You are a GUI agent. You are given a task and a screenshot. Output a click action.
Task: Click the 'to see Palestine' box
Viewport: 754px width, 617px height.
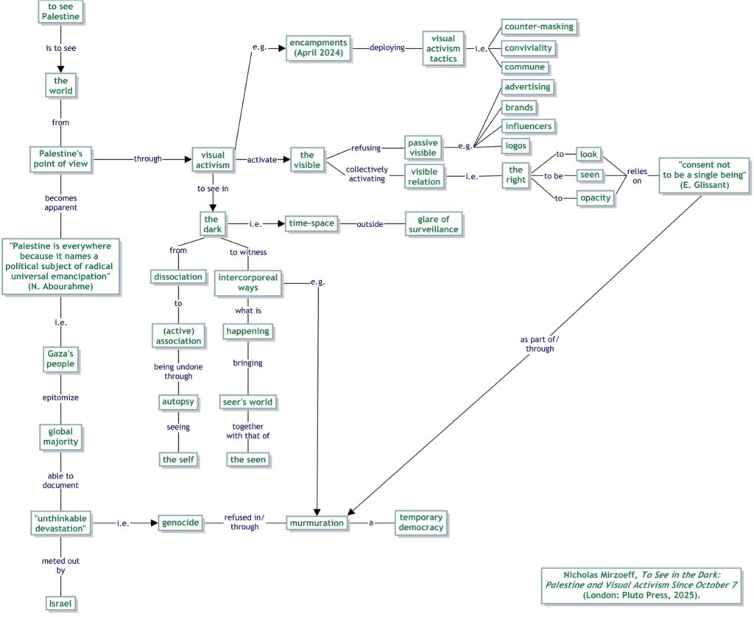60,12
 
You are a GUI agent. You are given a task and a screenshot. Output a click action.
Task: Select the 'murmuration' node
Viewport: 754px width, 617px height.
317,523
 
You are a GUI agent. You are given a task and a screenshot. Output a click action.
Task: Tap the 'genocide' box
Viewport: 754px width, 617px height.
180,523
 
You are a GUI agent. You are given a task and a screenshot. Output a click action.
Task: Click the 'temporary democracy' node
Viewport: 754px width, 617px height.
420,522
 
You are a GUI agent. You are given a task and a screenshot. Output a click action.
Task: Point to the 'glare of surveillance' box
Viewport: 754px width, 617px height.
434,224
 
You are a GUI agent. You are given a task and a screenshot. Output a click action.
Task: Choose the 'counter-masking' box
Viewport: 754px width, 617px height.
539,27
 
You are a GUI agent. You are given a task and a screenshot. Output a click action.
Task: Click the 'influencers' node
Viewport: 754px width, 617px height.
529,126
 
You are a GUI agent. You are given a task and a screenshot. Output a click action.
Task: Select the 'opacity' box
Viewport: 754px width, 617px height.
595,198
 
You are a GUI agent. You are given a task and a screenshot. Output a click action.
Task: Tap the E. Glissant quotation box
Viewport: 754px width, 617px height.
705,175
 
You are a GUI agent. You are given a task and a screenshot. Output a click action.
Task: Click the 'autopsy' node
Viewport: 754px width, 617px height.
178,402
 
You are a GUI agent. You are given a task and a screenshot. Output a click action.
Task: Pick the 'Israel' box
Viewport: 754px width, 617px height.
60,604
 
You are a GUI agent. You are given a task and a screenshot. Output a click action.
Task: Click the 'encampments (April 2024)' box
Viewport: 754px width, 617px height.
318,48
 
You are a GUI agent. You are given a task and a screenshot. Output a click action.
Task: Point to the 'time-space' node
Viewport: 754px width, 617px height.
311,223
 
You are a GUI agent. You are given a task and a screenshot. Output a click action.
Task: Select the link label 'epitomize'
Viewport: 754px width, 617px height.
60,397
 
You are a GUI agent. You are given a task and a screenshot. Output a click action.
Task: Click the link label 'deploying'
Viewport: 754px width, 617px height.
387,48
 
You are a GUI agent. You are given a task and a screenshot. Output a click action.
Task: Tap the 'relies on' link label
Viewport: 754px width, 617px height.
637,176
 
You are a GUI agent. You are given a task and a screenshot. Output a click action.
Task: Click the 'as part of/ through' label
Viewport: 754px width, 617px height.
540,344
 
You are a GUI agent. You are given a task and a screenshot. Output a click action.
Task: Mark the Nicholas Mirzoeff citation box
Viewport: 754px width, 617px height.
641,585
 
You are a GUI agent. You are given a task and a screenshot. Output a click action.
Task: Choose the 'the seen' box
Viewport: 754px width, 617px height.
247,460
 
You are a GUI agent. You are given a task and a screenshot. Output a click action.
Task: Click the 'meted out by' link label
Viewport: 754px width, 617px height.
60,565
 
